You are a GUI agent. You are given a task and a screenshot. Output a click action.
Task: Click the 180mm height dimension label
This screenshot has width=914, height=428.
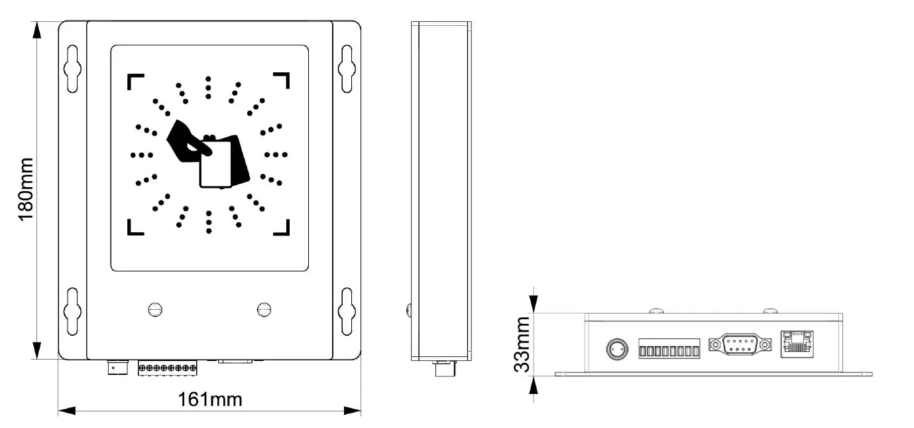[x=25, y=190]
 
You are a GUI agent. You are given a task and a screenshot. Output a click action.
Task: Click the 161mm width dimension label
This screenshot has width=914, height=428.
[x=210, y=399]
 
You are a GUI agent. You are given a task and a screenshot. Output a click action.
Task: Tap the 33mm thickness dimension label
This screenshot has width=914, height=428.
[x=522, y=344]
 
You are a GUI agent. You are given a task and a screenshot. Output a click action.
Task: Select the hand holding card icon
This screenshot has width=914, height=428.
[x=208, y=153]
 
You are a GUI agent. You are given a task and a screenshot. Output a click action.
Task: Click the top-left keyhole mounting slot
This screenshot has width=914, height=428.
[x=72, y=68]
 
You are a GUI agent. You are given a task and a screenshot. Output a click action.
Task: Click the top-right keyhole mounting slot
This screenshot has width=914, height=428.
[x=347, y=68]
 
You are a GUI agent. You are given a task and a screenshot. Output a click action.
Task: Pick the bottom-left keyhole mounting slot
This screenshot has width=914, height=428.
[x=72, y=312]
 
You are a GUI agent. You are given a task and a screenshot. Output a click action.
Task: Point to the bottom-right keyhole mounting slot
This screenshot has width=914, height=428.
[x=347, y=312]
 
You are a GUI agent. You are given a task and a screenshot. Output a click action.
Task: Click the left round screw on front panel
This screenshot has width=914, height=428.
[x=155, y=310]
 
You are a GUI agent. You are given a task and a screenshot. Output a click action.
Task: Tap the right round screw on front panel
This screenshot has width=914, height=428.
[x=264, y=310]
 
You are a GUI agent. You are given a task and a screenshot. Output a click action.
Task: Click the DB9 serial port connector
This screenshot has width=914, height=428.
[x=740, y=344]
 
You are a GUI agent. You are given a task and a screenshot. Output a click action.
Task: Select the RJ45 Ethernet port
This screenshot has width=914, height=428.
[x=797, y=344]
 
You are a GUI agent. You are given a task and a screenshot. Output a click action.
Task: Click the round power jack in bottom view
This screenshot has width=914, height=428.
[x=617, y=349]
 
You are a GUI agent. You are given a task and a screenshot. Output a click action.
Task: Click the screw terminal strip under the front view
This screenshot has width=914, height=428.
[x=167, y=368]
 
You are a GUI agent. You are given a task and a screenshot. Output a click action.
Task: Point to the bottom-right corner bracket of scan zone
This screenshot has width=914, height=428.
[x=282, y=228]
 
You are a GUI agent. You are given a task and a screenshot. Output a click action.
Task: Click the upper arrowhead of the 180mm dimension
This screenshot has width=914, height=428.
[x=36, y=30]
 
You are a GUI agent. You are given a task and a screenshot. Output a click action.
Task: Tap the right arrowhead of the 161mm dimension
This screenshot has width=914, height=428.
[x=352, y=411]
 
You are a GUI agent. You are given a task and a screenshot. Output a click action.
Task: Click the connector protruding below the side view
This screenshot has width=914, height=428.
[x=444, y=368]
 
